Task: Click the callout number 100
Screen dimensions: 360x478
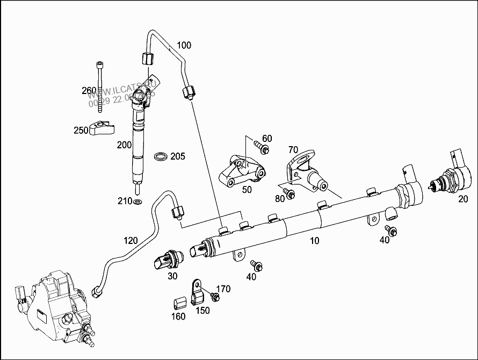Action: (184, 45)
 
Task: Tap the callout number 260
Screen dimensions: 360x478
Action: (89, 90)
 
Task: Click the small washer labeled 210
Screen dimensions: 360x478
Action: (137, 202)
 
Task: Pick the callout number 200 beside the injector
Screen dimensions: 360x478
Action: (124, 145)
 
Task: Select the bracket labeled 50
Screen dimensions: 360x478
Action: (242, 172)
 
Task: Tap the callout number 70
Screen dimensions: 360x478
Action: (293, 149)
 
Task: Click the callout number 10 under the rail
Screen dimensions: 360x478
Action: (314, 241)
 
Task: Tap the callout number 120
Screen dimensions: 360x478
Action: (131, 241)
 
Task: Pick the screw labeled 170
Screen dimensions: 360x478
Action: (215, 297)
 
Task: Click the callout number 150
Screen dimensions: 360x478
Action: (202, 311)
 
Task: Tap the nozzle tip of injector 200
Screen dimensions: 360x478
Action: (139, 189)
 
